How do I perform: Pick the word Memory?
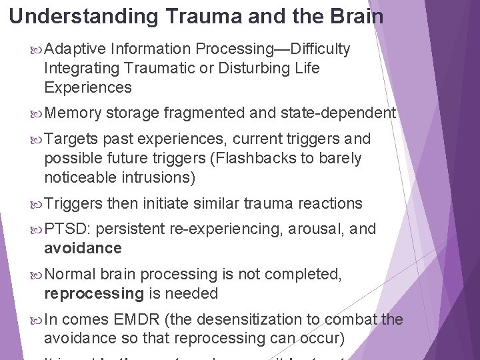[x=73, y=113]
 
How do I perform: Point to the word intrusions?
[x=156, y=177]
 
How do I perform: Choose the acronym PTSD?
[x=65, y=229]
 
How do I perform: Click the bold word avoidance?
[x=83, y=249]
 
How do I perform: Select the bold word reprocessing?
[x=94, y=294]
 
